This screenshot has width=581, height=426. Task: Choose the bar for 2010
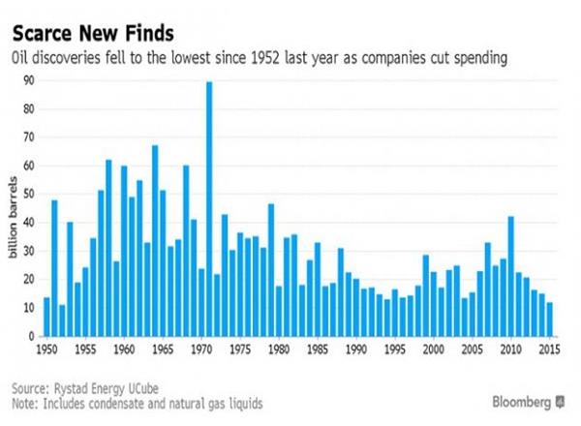pyautogui.click(x=510, y=276)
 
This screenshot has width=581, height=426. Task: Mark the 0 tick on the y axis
pyautogui.click(x=28, y=335)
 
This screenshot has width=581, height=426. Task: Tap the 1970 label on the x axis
pyautogui.click(x=200, y=348)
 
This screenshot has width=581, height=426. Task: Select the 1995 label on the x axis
pyautogui.click(x=394, y=348)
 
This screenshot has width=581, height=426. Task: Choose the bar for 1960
pyautogui.click(x=124, y=251)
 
